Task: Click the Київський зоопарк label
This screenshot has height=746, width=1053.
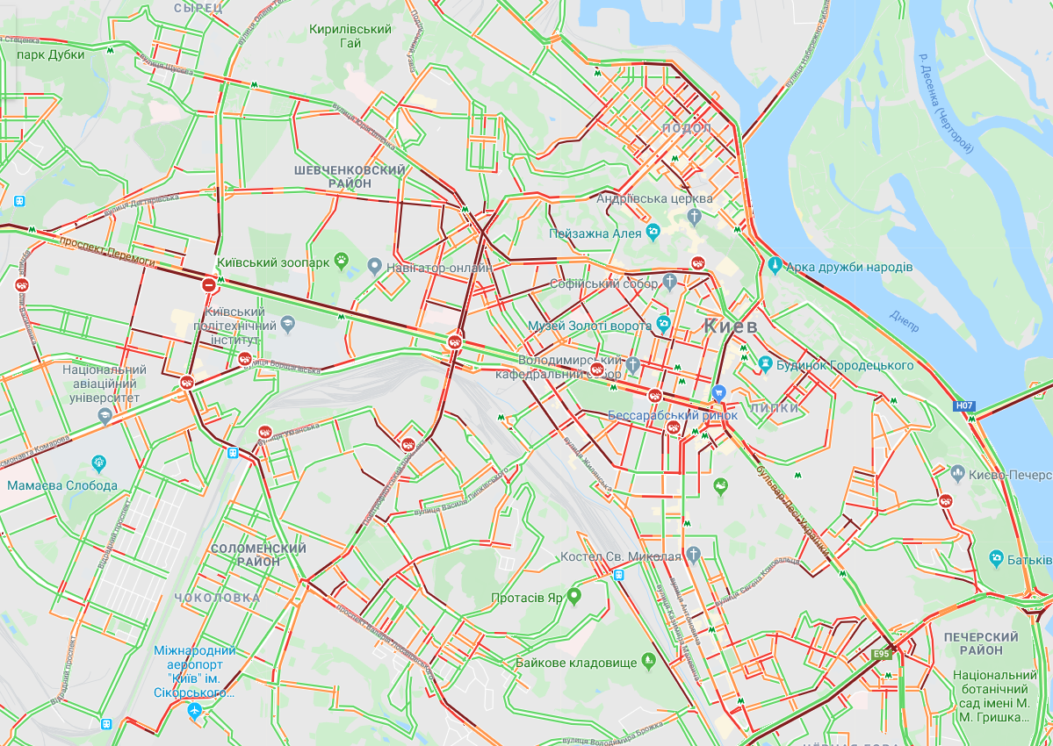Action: (273, 262)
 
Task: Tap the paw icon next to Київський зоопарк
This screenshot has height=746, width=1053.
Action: (342, 261)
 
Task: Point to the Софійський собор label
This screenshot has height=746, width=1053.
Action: (604, 283)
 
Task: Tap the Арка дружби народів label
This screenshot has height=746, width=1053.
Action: (849, 267)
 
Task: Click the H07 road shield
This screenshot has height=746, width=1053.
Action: (964, 406)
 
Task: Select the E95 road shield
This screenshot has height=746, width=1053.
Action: (882, 654)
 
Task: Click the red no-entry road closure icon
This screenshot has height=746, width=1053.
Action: (209, 284)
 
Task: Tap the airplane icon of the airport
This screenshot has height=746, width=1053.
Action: (194, 709)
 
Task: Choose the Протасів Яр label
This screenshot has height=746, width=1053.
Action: (526, 598)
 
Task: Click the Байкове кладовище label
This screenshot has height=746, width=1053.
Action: (576, 663)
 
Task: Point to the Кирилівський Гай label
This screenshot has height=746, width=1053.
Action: (350, 36)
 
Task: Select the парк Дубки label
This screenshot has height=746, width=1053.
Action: (51, 54)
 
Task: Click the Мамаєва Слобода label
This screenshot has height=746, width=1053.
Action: (62, 485)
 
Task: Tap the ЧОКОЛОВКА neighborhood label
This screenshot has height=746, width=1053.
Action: (217, 598)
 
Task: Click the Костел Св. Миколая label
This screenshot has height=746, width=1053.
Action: (621, 556)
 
